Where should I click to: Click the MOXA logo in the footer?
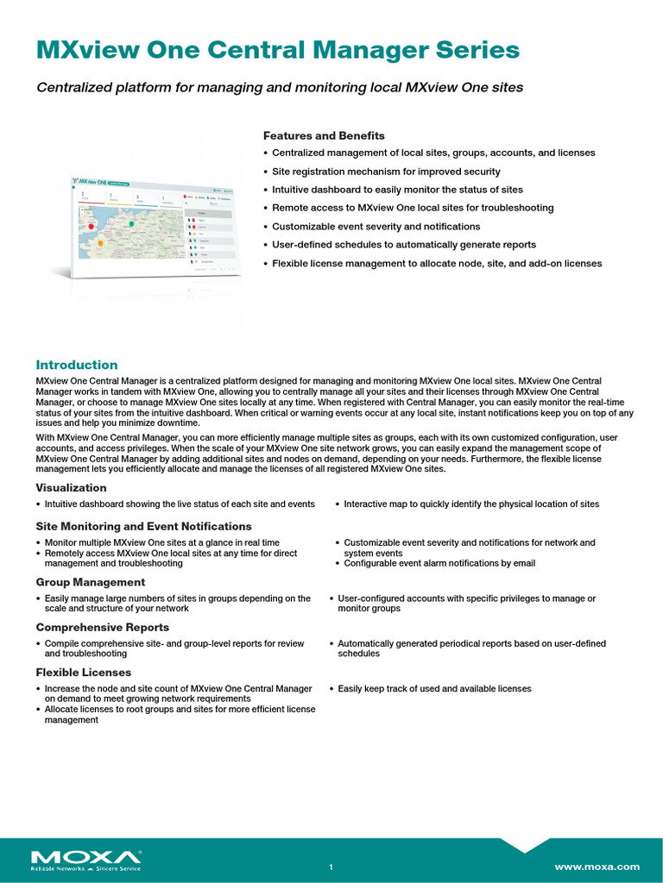[86, 859]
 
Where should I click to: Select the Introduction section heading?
[76, 365]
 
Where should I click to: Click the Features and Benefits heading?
[324, 135]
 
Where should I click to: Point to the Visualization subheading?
[72, 488]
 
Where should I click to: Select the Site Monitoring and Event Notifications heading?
[143, 526]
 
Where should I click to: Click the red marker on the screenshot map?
[91, 226]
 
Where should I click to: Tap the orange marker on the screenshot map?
[100, 244]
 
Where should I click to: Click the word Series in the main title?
[482, 50]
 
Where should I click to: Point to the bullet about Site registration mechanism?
[386, 171]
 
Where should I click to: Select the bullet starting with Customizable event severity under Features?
[376, 226]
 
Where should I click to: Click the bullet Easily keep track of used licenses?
[434, 689]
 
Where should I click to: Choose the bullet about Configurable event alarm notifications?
[439, 563]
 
